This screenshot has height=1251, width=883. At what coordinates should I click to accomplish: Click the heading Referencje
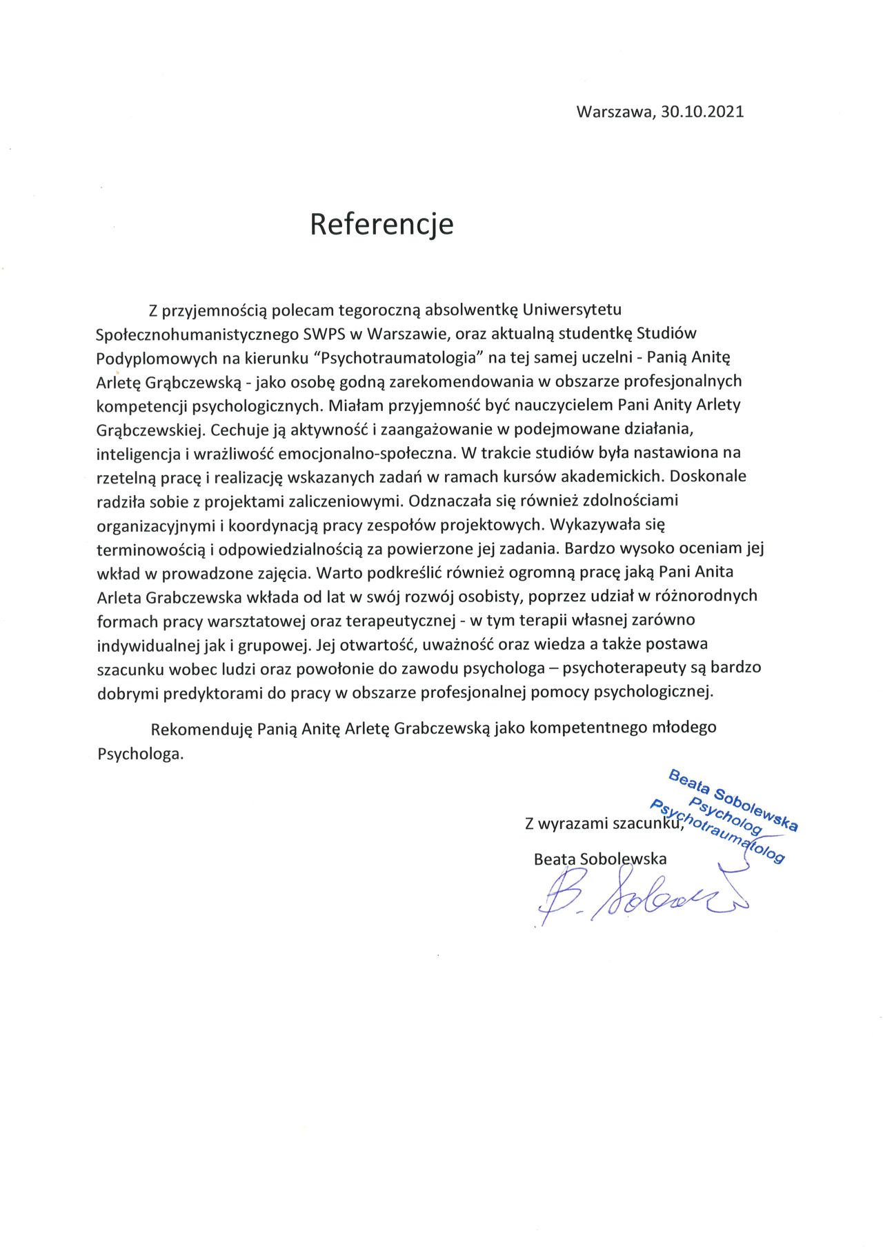(x=381, y=224)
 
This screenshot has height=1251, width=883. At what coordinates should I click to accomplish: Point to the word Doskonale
(x=708, y=476)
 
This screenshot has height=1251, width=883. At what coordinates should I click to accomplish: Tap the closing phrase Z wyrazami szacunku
(x=604, y=823)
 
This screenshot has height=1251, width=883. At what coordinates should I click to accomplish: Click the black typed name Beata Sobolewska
(x=600, y=859)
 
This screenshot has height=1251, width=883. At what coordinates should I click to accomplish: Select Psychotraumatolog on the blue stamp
(x=717, y=832)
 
